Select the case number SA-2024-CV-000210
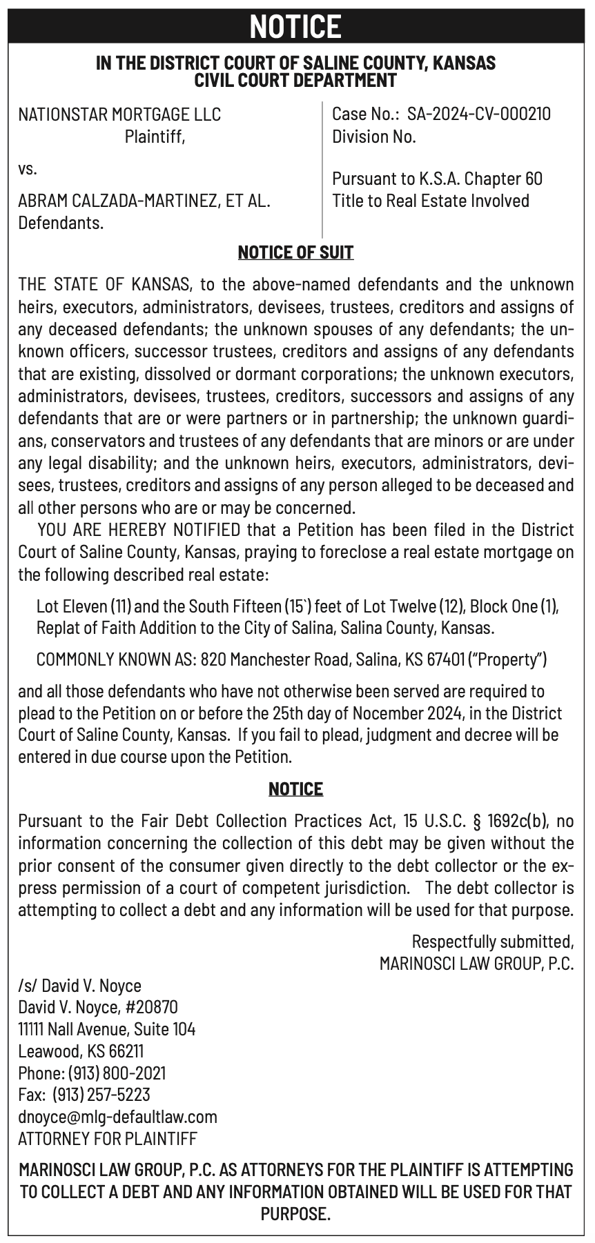[x=479, y=114]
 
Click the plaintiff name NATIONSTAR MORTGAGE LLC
[x=119, y=114]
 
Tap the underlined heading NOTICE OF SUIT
[x=295, y=252]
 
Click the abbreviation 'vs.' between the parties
[x=28, y=168]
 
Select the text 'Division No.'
[x=374, y=137]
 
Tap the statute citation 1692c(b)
[x=517, y=821]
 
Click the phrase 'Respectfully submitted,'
[x=493, y=941]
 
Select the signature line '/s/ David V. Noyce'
[x=79, y=986]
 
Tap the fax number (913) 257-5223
[x=106, y=1095]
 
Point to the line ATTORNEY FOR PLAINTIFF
[x=108, y=1138]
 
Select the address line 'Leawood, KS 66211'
[x=81, y=1051]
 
